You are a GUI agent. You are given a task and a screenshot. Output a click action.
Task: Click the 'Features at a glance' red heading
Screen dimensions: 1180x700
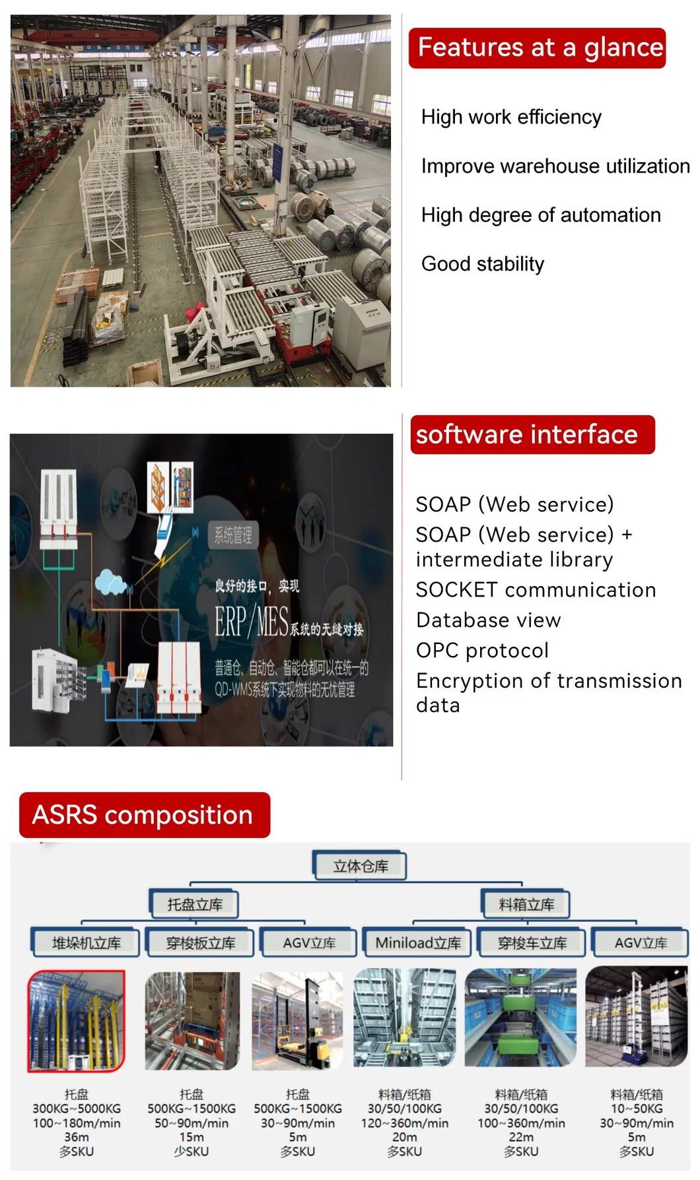[537, 48]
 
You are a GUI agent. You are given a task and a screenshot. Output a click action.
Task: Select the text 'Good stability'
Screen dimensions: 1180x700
[482, 264]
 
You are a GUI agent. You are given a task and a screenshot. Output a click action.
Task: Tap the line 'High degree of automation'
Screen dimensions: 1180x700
[540, 215]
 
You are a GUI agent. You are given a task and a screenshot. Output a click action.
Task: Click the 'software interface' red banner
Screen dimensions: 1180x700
[532, 435]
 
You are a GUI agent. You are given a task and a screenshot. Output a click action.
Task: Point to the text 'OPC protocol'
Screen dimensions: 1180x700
[482, 651]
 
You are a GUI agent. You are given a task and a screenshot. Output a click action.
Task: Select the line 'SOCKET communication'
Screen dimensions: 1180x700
[536, 590]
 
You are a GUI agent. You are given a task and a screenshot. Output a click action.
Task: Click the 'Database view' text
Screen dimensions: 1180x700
[488, 620]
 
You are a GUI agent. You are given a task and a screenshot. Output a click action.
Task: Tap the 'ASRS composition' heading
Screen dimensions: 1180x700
[145, 815]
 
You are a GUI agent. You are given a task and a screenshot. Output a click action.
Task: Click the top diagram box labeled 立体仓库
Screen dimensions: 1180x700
[360, 867]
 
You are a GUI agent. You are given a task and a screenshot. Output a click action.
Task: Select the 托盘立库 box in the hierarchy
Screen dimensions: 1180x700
[194, 905]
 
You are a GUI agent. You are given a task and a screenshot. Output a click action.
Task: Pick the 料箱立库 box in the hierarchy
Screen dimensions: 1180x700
[526, 905]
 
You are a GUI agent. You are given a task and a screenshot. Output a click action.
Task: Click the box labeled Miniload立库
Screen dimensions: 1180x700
[418, 943]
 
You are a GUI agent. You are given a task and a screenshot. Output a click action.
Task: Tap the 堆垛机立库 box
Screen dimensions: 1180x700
[86, 943]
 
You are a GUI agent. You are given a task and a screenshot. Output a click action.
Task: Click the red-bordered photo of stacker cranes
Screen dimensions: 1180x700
[77, 1021]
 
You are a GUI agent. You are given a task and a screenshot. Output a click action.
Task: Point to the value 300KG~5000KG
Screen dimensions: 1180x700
[77, 1109]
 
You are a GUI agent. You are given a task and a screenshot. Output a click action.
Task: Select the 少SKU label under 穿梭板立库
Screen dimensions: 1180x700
[192, 1152]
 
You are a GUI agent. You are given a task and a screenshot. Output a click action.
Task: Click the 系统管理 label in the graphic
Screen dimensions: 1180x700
[233, 535]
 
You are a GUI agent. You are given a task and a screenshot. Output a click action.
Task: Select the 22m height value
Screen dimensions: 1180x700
[521, 1137]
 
